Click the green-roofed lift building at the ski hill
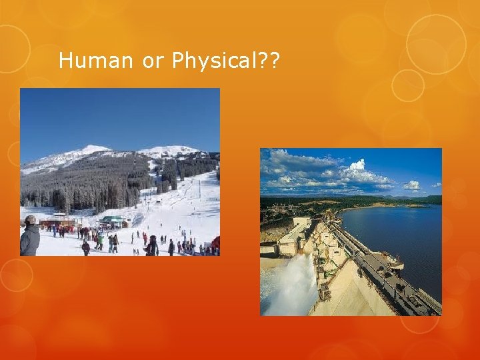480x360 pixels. point(112,221)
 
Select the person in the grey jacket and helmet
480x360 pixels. point(29,236)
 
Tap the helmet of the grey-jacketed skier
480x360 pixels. point(30,220)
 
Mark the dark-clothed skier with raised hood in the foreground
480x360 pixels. point(151,245)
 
